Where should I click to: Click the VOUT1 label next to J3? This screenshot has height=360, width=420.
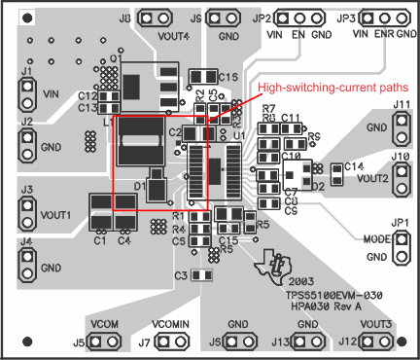point(57,214)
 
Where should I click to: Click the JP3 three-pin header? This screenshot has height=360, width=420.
point(386,18)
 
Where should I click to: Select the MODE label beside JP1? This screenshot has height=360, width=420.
point(373,238)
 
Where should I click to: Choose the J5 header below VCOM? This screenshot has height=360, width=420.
point(105,342)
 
